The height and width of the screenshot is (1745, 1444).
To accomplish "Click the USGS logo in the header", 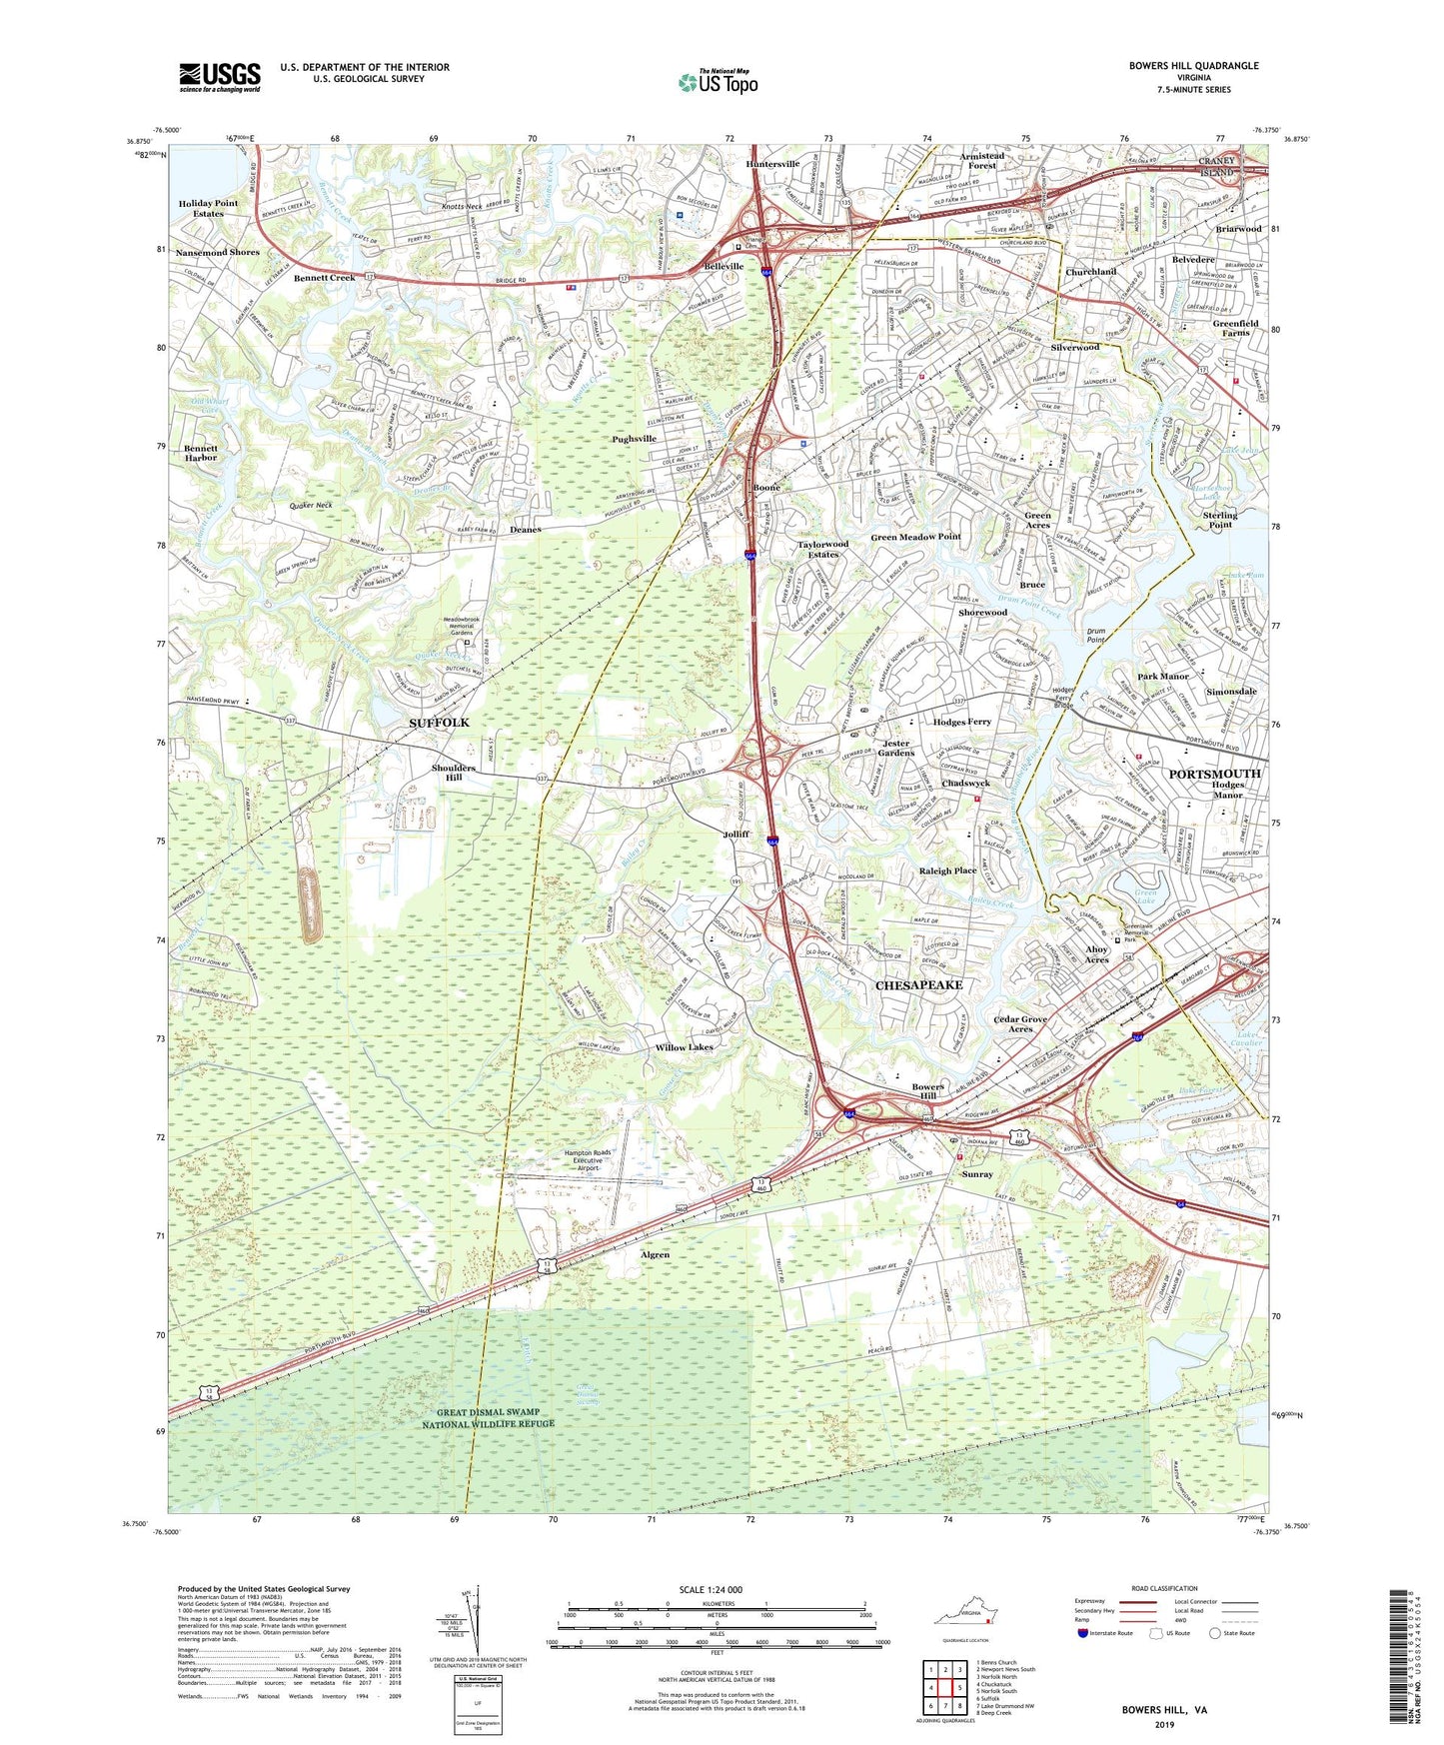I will pyautogui.click(x=220, y=76).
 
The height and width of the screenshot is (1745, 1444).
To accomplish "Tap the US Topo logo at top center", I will pyautogui.click(x=718, y=82).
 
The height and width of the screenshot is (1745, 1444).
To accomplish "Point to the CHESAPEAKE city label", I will pyautogui.click(x=918, y=984).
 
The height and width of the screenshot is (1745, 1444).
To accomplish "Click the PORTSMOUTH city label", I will pyautogui.click(x=1214, y=774).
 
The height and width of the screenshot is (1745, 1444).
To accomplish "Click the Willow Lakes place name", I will pyautogui.click(x=684, y=1047).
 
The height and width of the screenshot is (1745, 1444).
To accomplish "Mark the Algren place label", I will pyautogui.click(x=655, y=1254).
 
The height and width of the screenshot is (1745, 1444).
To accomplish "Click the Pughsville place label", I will pyautogui.click(x=634, y=438).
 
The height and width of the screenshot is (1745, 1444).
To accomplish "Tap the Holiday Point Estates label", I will pyautogui.click(x=208, y=208).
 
